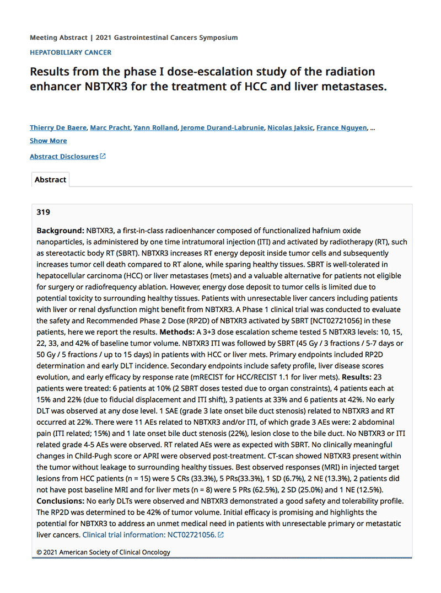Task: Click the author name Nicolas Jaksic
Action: pos(289,128)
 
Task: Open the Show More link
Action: pos(48,141)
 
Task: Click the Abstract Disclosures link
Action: pos(64,157)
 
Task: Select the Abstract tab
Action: pos(50,180)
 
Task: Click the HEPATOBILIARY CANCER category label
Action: pos(71,52)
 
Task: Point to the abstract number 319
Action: pos(43,212)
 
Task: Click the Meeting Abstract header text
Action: pos(58,38)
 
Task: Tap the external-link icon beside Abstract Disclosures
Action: pos(103,156)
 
